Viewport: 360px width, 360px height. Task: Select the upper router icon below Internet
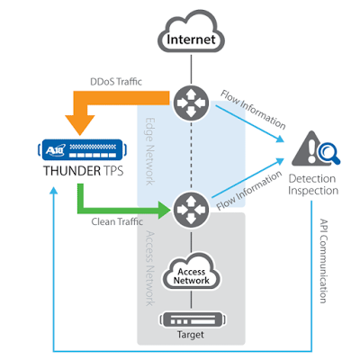(x=191, y=103)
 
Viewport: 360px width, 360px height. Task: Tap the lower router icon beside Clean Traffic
(x=191, y=209)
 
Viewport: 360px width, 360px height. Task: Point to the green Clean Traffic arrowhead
(x=165, y=210)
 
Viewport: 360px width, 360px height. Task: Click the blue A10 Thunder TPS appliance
(x=83, y=149)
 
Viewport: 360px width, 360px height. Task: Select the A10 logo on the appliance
(x=55, y=149)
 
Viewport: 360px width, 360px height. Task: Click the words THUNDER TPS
(x=84, y=171)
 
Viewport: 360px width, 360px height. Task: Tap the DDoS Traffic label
(x=116, y=82)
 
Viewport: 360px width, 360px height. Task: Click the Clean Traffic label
(x=117, y=221)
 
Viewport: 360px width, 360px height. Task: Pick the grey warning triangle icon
(x=305, y=148)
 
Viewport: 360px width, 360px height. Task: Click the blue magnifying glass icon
(x=329, y=154)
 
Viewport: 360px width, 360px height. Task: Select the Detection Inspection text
(x=313, y=184)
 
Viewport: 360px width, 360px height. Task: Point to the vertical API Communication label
(x=323, y=261)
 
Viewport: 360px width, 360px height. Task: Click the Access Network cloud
(x=191, y=272)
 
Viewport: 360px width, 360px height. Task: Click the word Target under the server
(x=191, y=335)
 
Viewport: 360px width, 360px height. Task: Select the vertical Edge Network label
(x=150, y=151)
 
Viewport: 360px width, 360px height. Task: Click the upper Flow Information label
(x=253, y=109)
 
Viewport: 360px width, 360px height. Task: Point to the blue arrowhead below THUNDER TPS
(x=54, y=191)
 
